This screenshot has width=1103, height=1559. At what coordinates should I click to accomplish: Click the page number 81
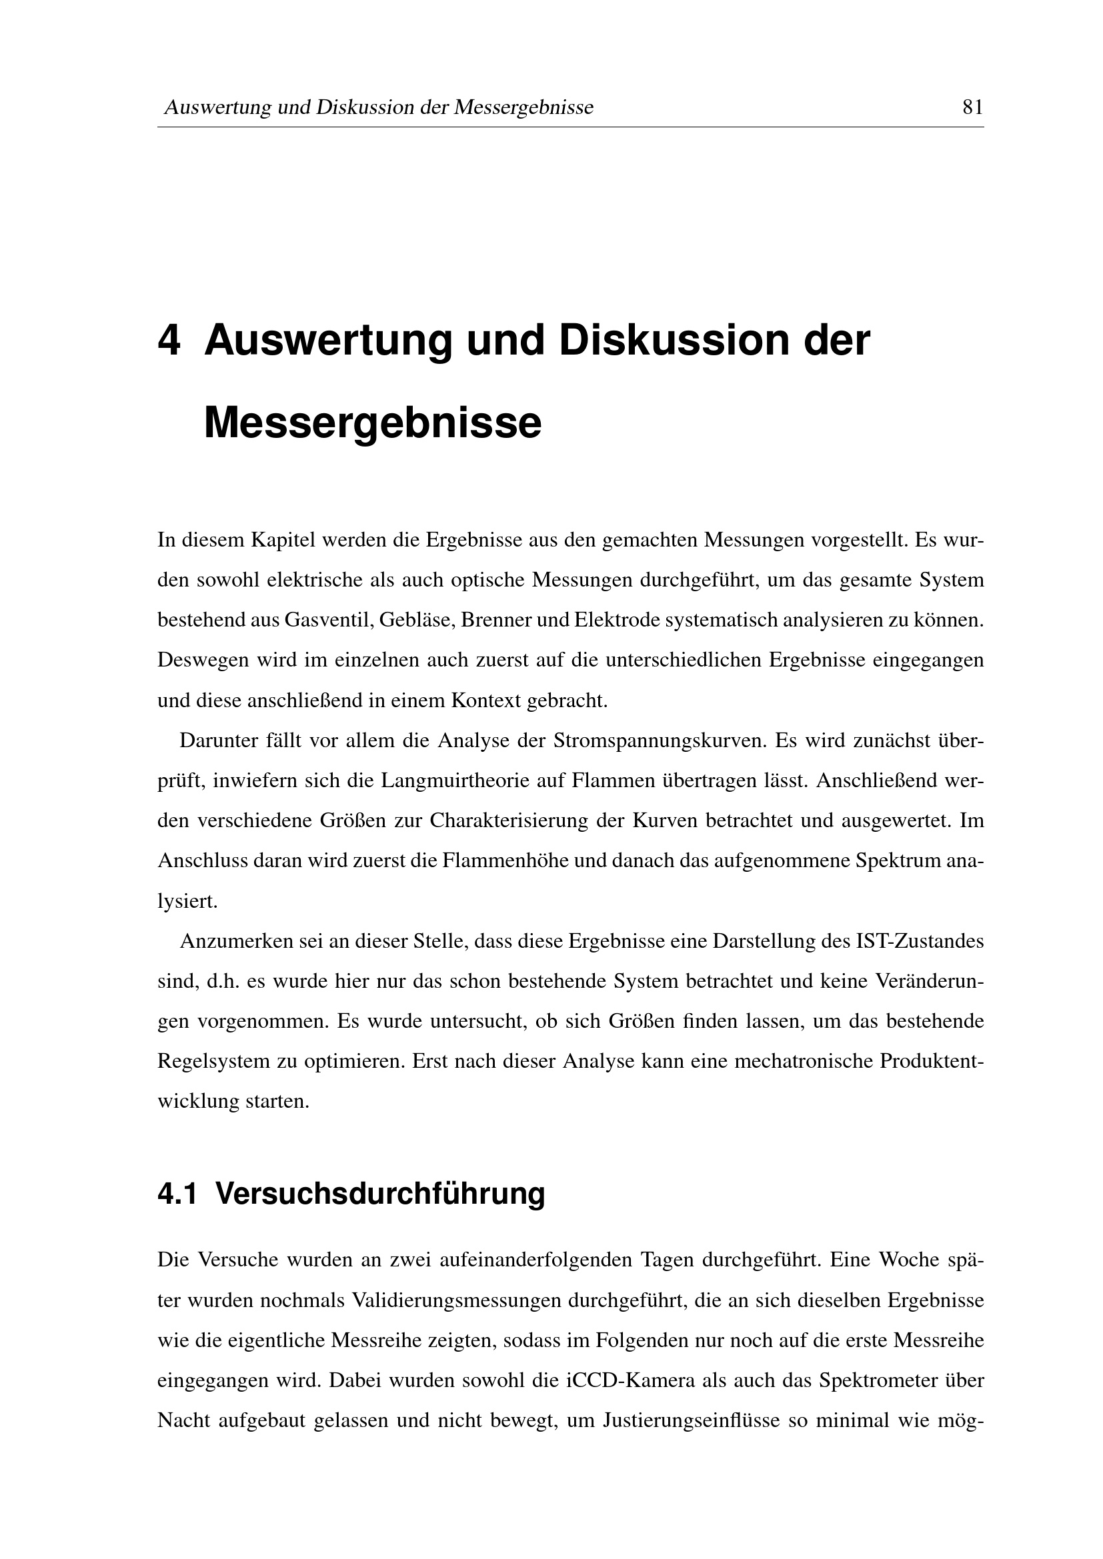[972, 107]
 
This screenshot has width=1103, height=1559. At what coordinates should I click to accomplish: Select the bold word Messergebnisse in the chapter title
[372, 423]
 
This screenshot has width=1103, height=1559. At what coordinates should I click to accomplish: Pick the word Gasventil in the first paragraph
[328, 620]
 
